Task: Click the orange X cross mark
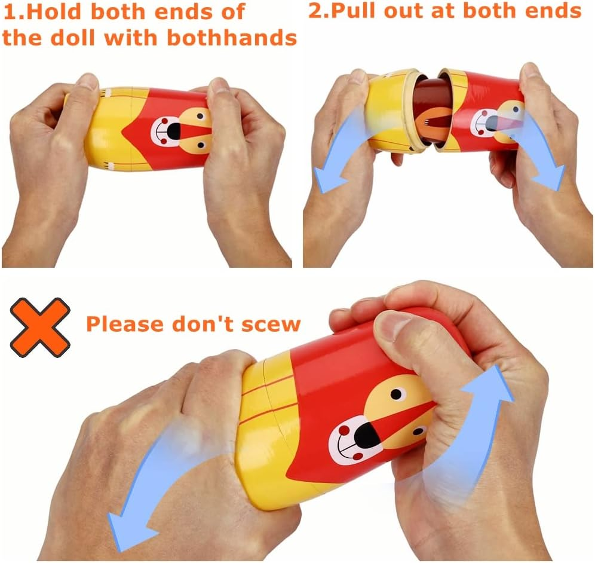point(40,328)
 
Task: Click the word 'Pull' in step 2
point(354,10)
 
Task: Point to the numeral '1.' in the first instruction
point(14,11)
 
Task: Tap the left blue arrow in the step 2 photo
point(339,150)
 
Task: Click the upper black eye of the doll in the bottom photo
point(396,394)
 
